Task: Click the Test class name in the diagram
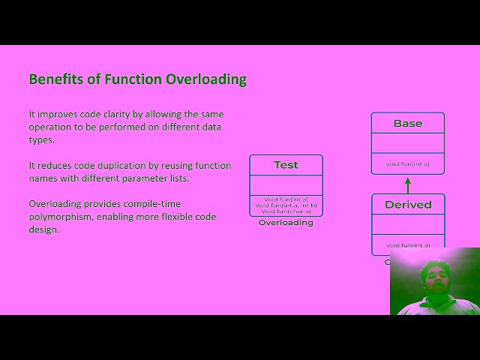pos(286,165)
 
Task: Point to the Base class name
pos(408,124)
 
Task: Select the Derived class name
pos(408,205)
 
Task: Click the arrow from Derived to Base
pos(408,184)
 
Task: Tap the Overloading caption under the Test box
pos(286,223)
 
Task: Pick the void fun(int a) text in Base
pos(408,163)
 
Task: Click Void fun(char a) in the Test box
pos(286,211)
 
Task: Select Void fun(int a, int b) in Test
pos(286,205)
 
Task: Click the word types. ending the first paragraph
pos(41,139)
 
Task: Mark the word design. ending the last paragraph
pos(43,229)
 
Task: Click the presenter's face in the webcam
pos(435,278)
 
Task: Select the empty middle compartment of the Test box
pos(286,184)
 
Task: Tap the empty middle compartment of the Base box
pos(408,143)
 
